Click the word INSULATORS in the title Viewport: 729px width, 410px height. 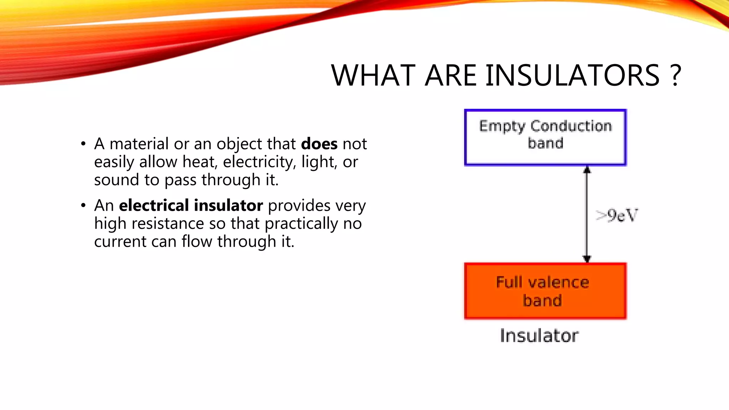click(572, 75)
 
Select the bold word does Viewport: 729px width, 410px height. click(319, 144)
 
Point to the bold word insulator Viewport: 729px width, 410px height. click(228, 205)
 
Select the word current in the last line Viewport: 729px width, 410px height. click(120, 242)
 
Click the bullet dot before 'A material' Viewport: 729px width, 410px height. click(83, 144)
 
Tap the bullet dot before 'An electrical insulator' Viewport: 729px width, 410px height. click(83, 206)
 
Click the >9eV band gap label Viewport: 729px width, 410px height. click(617, 215)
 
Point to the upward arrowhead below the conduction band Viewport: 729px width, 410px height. click(587, 170)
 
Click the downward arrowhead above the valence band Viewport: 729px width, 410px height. click(587, 259)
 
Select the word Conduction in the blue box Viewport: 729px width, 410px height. click(571, 126)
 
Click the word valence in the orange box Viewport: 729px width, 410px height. click(558, 282)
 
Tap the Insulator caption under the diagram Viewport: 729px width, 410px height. click(539, 336)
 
